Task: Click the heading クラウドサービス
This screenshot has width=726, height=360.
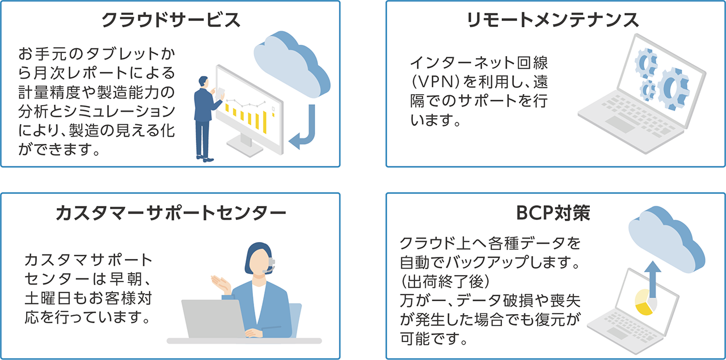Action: pos(171,20)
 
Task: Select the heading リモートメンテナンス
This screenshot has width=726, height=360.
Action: pos(553,20)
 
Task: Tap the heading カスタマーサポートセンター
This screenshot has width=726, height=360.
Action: pos(171,213)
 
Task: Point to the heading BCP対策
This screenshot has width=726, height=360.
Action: pos(553,213)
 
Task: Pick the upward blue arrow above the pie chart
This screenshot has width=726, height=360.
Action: pos(653,279)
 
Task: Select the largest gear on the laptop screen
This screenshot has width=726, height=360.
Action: pos(673,88)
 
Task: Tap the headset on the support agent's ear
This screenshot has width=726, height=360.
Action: pos(271,264)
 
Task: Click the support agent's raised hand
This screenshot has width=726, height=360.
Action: pos(221,284)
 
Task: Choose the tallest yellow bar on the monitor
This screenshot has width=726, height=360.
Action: pos(264,122)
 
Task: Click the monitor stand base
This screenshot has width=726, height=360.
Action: pos(244,147)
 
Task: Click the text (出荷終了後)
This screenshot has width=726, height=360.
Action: pos(445,281)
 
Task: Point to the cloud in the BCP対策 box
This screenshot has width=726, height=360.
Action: pos(666,240)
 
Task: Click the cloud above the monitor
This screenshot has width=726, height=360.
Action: pos(292,65)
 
